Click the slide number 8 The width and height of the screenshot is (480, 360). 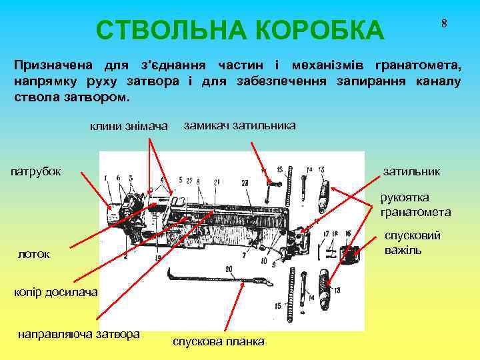pos(443,23)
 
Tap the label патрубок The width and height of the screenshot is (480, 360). pos(37,171)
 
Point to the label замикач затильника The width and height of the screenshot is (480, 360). pos(239,125)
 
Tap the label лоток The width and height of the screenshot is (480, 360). pos(33,255)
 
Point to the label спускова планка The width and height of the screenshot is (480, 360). pos(218,341)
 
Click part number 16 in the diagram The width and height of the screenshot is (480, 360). pos(348,234)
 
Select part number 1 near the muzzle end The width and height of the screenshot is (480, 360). pos(105,177)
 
